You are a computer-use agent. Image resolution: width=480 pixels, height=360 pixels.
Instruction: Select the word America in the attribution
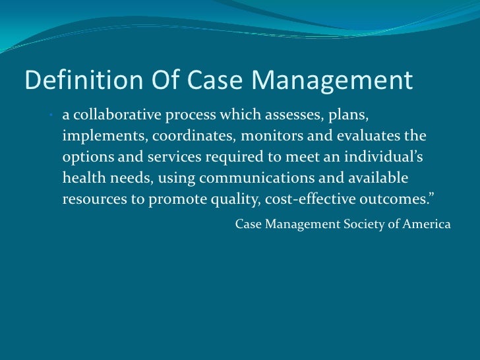coord(428,224)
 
